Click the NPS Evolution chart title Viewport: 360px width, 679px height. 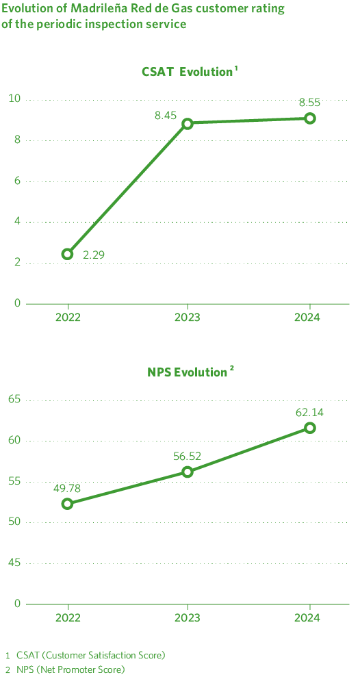(191, 372)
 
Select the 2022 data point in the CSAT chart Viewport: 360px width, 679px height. (67, 254)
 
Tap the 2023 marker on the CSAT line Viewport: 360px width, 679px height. (188, 123)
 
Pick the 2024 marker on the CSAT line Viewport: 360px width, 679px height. (309, 118)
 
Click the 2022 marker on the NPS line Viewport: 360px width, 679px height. (67, 504)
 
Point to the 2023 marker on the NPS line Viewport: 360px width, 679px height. (188, 472)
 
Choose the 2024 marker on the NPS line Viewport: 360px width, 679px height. (309, 428)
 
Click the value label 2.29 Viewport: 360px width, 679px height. (94, 255)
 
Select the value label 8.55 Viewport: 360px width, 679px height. (309, 103)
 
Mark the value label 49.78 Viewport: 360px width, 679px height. (67, 488)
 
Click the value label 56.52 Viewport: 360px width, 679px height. (188, 456)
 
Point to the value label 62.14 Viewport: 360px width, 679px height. (309, 412)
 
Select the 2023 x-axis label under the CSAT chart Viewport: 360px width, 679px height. (188, 318)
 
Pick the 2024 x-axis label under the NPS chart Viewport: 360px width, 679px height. (309, 618)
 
